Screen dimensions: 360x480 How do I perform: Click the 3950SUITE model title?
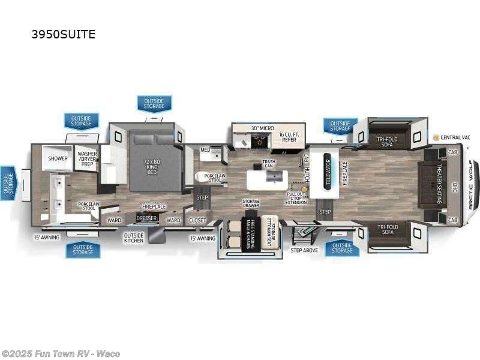pos(63,34)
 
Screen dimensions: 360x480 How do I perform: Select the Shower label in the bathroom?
pos(58,158)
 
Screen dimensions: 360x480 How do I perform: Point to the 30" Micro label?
pos(262,128)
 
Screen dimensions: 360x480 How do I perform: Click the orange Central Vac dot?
pos(436,137)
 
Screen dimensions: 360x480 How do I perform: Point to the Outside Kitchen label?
pos(133,238)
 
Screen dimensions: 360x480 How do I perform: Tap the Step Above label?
pos(304,250)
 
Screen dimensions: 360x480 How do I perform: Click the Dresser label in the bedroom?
pos(146,219)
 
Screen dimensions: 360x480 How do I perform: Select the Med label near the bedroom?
pos(205,150)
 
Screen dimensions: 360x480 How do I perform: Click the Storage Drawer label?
pos(251,204)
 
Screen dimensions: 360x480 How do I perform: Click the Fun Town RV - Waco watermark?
pos(60,353)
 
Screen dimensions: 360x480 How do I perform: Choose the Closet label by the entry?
pos(197,220)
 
